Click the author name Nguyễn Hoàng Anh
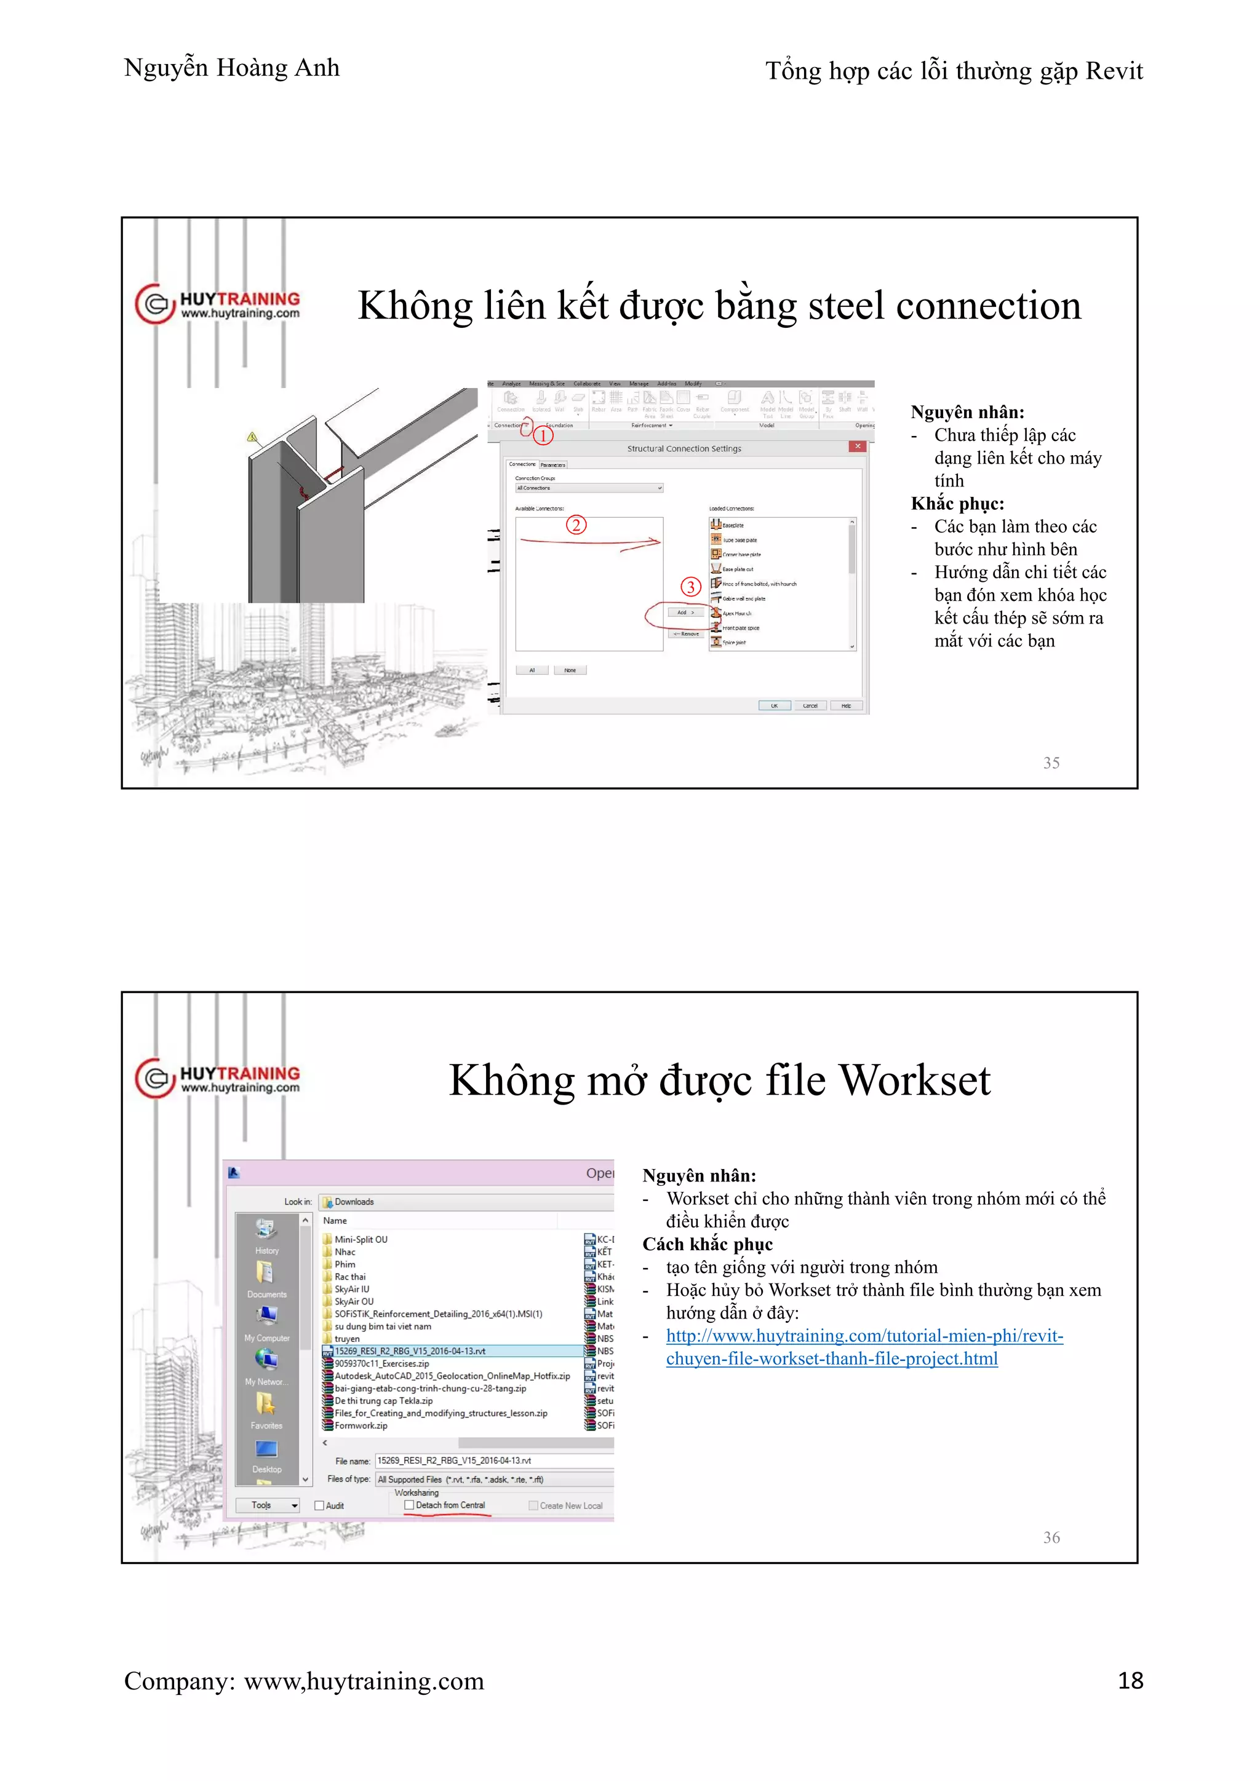[231, 68]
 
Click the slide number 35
[1051, 763]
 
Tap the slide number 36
[1051, 1537]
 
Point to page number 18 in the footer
[1130, 1680]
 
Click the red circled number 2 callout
[576, 525]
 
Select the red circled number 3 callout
[690, 587]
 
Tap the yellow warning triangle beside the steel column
[252, 437]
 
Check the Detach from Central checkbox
[409, 1505]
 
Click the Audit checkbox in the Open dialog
[319, 1505]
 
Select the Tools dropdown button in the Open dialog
[274, 1505]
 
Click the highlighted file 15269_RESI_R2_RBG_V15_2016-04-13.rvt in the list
[410, 1351]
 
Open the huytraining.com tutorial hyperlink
[864, 1336]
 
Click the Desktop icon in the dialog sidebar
[266, 1452]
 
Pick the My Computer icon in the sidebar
[266, 1319]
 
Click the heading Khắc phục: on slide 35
[957, 504]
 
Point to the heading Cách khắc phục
[707, 1244]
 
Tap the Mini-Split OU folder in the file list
[360, 1240]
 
